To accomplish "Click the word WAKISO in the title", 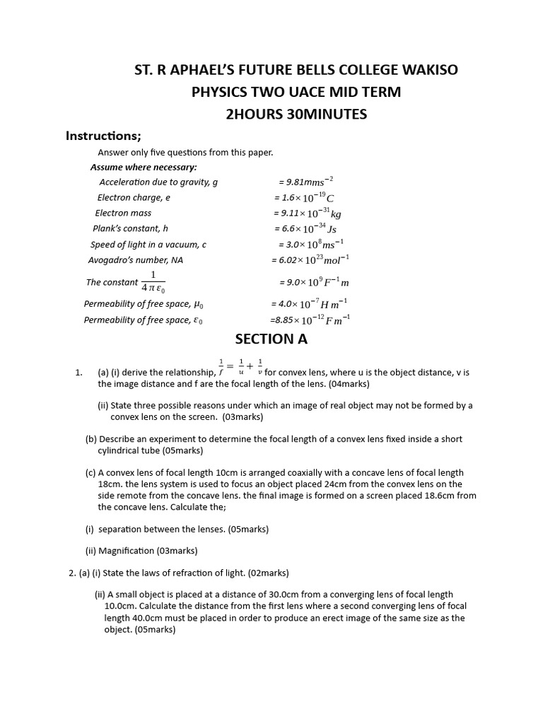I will tap(425, 69).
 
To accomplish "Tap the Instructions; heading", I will tap(103, 136).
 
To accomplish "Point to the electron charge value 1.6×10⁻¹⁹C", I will tap(304, 197).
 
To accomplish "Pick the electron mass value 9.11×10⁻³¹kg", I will tap(307, 213).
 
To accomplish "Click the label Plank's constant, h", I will tap(130, 228).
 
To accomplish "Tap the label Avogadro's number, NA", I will tap(130, 259).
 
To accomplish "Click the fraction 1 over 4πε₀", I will tap(153, 281).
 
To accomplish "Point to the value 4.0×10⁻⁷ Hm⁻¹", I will tap(308, 303).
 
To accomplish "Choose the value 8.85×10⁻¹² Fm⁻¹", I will tap(309, 320).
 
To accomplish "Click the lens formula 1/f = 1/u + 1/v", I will tap(240, 366).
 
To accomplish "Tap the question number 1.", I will tap(79, 372).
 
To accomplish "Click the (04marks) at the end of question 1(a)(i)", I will tap(343, 384).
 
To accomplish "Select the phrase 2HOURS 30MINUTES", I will tap(296, 113).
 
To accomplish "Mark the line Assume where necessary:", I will tap(144, 167).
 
